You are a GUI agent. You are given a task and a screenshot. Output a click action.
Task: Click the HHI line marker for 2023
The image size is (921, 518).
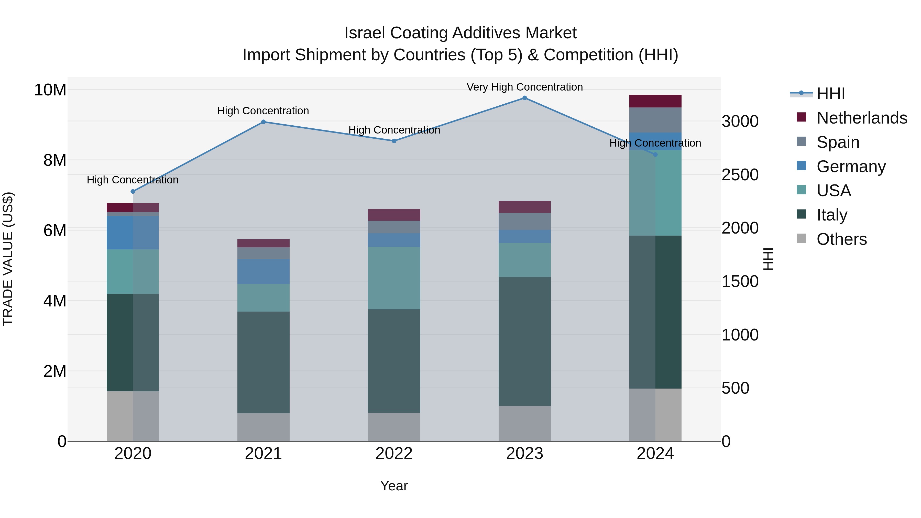[524, 98]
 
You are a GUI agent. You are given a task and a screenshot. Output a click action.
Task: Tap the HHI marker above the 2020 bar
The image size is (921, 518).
[133, 192]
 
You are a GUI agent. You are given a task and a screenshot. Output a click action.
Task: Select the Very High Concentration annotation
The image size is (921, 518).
[524, 87]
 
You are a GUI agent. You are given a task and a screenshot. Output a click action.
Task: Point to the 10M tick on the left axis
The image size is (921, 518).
[50, 90]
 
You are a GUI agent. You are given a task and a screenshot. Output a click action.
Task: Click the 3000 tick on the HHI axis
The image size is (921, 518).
[740, 122]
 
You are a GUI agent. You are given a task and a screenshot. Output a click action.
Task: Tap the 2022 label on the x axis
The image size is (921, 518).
[394, 454]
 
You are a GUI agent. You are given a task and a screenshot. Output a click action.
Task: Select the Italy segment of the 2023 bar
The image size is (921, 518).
[524, 341]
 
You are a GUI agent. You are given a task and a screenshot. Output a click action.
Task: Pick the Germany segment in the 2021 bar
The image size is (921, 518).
[263, 271]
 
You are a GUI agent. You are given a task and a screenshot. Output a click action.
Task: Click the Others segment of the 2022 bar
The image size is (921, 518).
[394, 427]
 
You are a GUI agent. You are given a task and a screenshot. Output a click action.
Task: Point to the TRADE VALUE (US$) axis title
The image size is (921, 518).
[8, 259]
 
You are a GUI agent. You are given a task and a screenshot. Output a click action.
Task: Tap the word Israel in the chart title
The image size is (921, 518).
[364, 33]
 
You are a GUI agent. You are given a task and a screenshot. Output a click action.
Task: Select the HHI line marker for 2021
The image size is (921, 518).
[263, 122]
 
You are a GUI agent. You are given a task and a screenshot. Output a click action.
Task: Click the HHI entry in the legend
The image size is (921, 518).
[830, 94]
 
